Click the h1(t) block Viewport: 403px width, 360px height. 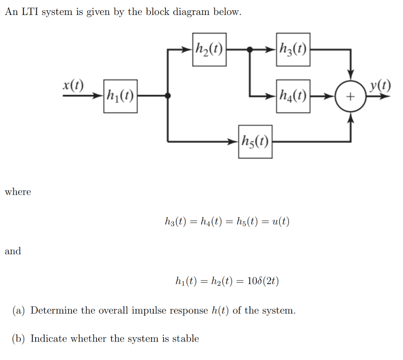tap(120, 96)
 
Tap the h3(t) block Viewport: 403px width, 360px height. tap(293, 50)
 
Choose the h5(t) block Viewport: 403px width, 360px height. tap(255, 141)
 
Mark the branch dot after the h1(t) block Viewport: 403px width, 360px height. tap(168, 96)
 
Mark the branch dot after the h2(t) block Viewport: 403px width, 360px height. tap(249, 50)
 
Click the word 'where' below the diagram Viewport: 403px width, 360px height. tap(18, 192)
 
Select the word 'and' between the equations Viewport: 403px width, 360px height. tap(13, 251)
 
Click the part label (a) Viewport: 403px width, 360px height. tap(19, 311)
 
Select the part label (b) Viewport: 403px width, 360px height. tap(19, 339)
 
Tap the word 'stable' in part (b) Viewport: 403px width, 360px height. tap(186, 339)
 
